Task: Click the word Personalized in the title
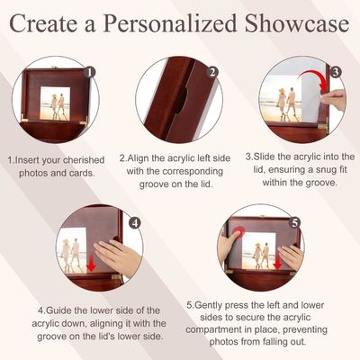pos(170,24)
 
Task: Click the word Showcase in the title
pos(297,23)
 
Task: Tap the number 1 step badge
pos(89,72)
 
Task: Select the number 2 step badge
pos(212,72)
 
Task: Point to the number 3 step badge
pos(336,72)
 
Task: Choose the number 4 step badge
pos(135,223)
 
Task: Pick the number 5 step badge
pos(295,223)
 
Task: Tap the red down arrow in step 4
pos(91,264)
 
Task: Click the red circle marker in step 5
pos(238,232)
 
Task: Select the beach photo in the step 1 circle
pos(55,103)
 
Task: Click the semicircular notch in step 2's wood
pos(182,100)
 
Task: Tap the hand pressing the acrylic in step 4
pos(118,256)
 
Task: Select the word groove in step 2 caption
pos(154,184)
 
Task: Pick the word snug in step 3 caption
pos(313,170)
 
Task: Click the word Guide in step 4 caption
pos(58,310)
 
